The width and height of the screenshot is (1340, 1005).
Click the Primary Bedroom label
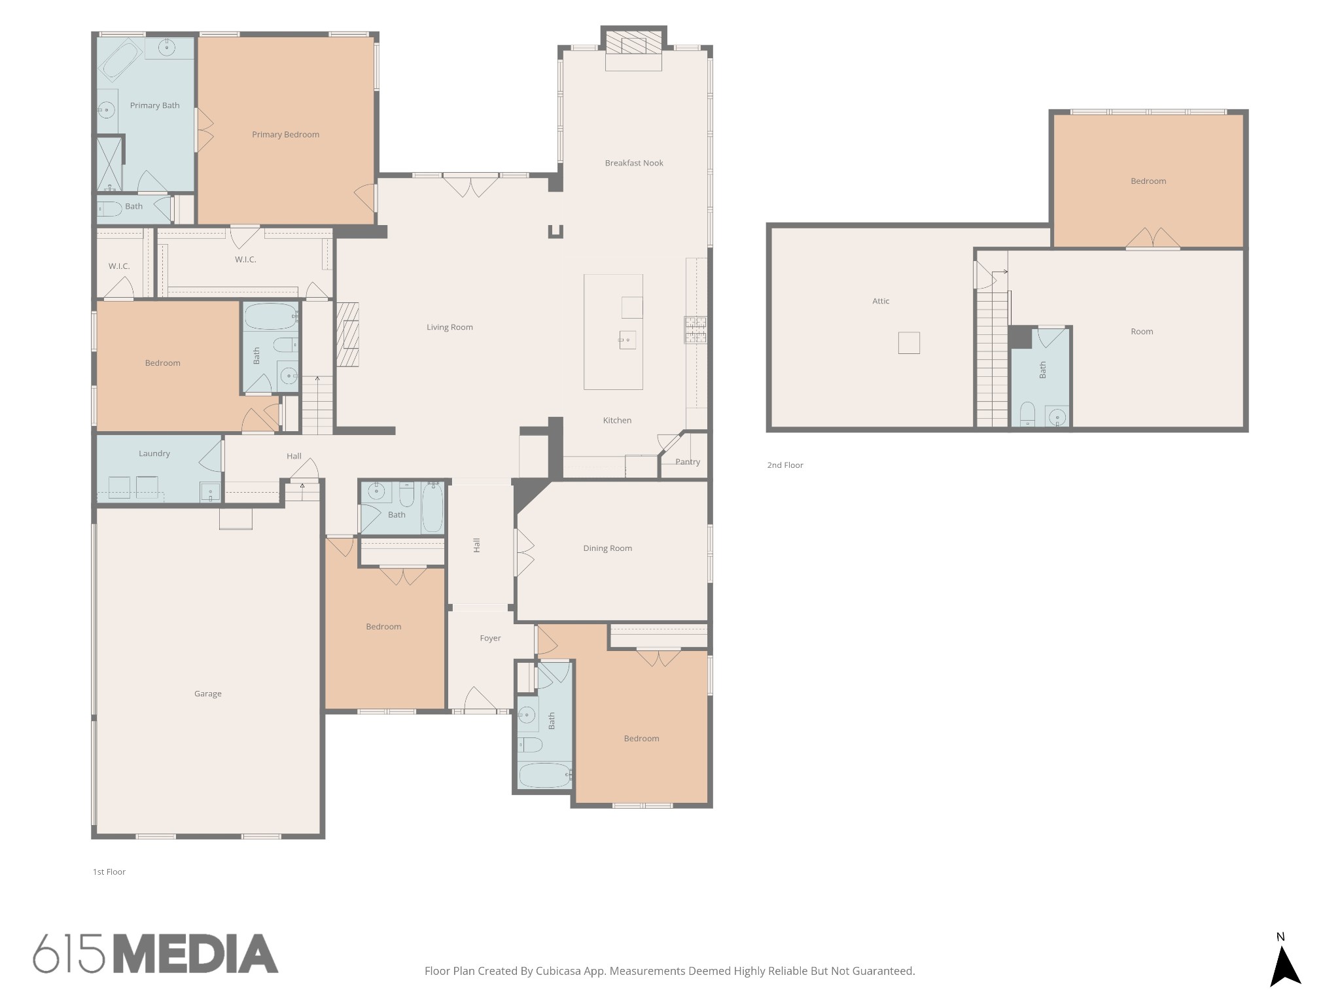[285, 135]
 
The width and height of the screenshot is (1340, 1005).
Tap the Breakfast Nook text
[634, 163]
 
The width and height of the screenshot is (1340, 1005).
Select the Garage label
[208, 694]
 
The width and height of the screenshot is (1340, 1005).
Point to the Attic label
[881, 301]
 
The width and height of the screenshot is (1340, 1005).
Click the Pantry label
[688, 462]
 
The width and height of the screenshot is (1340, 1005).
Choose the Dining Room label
[608, 548]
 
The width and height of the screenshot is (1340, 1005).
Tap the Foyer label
[490, 638]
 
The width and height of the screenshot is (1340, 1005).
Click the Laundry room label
[154, 453]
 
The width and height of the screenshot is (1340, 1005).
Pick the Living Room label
[450, 327]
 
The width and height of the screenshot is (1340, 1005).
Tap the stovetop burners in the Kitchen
[696, 330]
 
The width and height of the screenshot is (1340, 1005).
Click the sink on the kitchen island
[627, 340]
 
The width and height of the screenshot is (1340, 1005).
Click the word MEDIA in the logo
[196, 953]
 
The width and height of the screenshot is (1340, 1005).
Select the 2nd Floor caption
[785, 465]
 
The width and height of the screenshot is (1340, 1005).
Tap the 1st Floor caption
[109, 872]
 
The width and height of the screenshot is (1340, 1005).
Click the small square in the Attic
[909, 343]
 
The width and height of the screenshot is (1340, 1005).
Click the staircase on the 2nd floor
[993, 360]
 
